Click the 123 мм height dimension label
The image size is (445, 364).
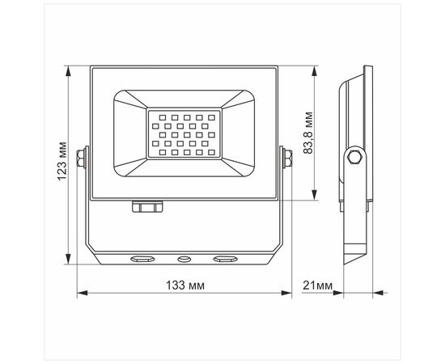click(61, 161)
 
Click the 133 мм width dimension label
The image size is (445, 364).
click(184, 285)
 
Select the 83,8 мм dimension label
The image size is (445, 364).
click(308, 133)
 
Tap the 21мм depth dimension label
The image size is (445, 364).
click(317, 285)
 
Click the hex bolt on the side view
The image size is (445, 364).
click(354, 157)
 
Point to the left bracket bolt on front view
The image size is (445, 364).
click(81, 158)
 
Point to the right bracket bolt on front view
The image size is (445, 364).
click(288, 158)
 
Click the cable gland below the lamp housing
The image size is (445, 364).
click(147, 206)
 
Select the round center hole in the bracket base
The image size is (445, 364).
click(184, 259)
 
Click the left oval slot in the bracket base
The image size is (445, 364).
click(142, 259)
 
